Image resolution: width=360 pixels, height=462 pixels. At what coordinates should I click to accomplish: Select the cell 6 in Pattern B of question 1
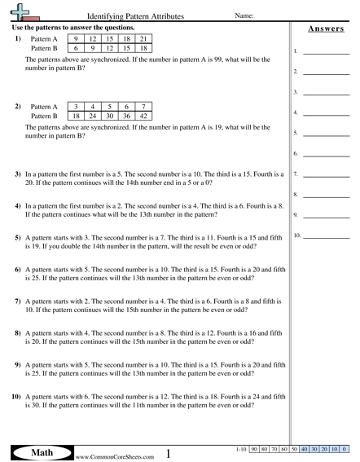click(76, 48)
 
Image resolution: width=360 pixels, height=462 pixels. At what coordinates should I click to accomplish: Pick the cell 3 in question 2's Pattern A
click(76, 107)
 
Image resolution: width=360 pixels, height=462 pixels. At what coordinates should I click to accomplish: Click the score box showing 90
click(254, 449)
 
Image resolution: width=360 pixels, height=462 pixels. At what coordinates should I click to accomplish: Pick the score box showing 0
click(345, 449)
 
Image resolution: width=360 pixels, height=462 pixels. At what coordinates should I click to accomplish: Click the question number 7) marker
click(18, 301)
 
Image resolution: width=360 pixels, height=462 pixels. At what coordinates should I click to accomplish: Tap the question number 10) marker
click(15, 397)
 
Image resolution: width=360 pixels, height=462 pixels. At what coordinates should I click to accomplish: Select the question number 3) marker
click(18, 174)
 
